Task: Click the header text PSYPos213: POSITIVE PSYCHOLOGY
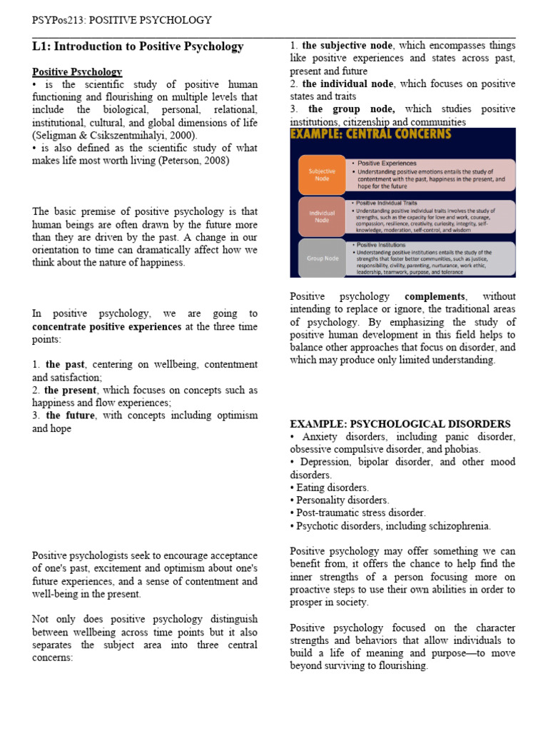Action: [121, 20]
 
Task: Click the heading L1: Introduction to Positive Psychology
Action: [138, 47]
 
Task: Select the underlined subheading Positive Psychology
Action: [77, 72]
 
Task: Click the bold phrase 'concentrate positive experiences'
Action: [106, 326]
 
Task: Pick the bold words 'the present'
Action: [71, 390]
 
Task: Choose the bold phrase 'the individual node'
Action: [347, 84]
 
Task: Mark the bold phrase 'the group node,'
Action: [352, 109]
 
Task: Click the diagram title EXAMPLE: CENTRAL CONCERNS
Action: [370, 135]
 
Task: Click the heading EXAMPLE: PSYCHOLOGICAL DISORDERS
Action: [400, 423]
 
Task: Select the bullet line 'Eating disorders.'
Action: [330, 488]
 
